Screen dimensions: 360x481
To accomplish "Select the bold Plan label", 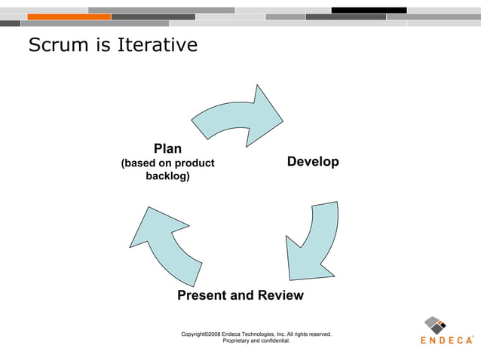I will (x=167, y=148).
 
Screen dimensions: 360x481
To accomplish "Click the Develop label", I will (x=313, y=162).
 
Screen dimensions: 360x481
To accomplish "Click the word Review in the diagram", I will (x=279, y=295).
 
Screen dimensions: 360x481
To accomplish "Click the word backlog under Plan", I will (x=167, y=176).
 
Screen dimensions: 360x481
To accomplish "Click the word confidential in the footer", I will (x=271, y=340).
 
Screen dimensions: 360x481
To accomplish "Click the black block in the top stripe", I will (x=369, y=10).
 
